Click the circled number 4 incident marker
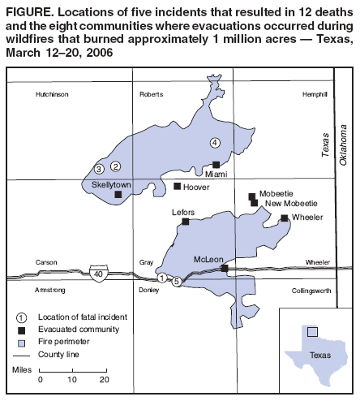pos(215,143)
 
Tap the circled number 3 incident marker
pos(98,169)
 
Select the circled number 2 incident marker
pos(116,166)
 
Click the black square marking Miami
pos(216,165)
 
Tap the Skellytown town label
pos(112,185)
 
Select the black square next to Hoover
pos(178,187)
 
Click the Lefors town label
pos(183,212)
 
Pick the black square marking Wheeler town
pos(284,218)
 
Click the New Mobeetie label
pos(290,203)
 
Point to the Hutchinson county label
pos(52,95)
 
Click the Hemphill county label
pos(314,95)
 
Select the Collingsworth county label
pos(311,290)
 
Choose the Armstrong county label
pos(51,290)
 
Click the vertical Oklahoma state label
pos(343,147)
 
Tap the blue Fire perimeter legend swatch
pos(23,342)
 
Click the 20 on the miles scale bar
pos(104,379)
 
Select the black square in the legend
pos(23,329)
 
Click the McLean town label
pos(208,260)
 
